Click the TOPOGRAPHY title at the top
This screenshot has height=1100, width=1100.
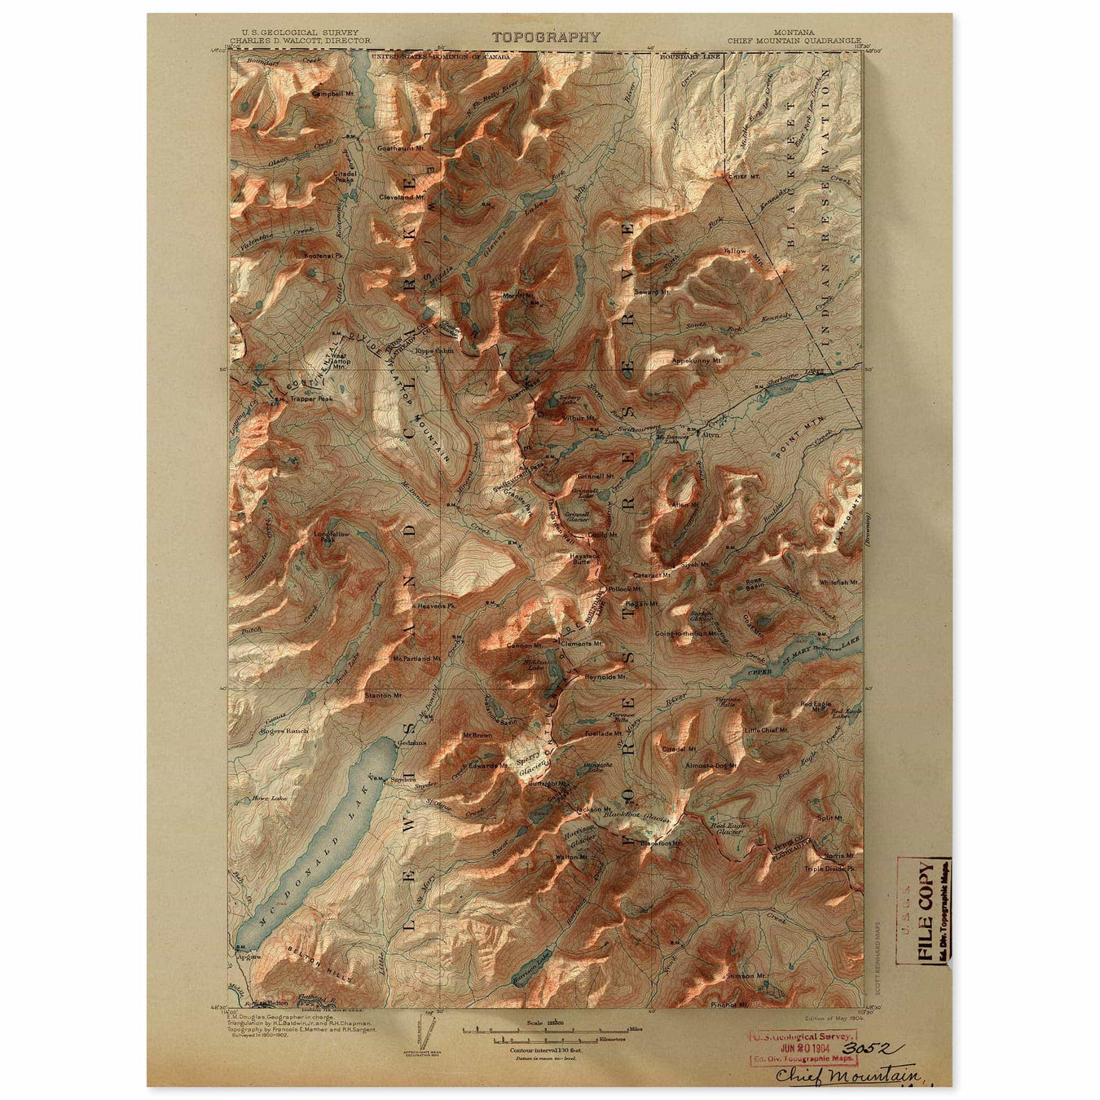pos(546,37)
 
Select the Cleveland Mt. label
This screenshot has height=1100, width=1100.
pos(402,197)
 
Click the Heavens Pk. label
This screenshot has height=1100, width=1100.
pos(434,607)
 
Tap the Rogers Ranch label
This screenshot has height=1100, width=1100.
pos(284,731)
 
